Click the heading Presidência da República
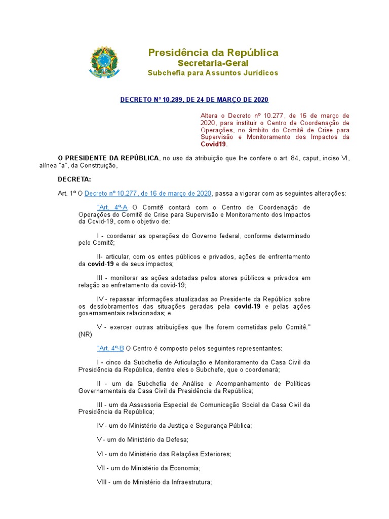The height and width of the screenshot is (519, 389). tap(213, 53)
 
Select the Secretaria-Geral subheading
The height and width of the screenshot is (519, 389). tap(213, 63)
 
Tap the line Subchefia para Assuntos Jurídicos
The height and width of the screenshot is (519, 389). tap(213, 73)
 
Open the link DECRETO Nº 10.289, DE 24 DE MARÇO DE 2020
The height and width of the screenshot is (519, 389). tap(194, 100)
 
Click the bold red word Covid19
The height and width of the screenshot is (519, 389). tap(213, 144)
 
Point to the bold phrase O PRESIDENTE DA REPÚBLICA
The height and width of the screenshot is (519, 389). tap(108, 158)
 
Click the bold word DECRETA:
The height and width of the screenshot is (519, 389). tap(74, 179)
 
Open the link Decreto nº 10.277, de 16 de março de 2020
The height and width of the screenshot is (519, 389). tap(148, 194)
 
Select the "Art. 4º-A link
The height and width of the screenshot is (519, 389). tap(112, 208)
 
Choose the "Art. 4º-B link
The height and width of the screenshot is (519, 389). tap(110, 348)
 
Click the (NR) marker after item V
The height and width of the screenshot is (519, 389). tap(85, 335)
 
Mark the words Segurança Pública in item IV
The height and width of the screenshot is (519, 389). tap(223, 426)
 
